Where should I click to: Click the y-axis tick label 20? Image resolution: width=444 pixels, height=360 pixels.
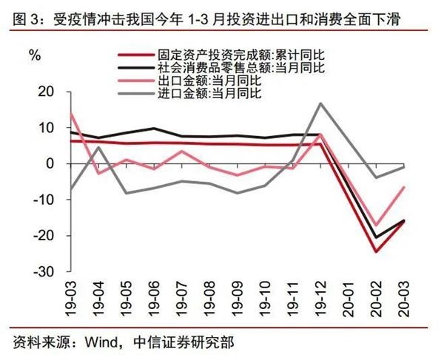(46, 92)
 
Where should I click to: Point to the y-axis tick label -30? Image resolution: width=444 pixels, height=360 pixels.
(44, 272)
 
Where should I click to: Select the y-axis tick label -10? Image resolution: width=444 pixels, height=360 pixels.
(44, 200)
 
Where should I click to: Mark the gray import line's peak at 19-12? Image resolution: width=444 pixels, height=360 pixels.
(320, 103)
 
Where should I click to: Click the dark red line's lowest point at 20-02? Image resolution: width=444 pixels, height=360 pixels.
(375, 251)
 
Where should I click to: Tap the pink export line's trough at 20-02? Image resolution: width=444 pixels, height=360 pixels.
(375, 225)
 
